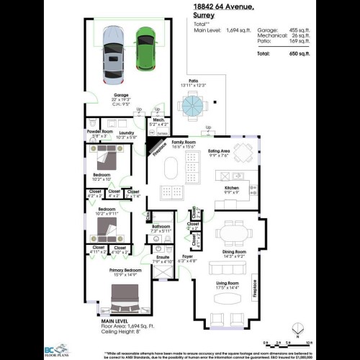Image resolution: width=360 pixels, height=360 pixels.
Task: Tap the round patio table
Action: click(192, 107)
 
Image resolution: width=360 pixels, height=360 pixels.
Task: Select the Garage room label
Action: click(121, 94)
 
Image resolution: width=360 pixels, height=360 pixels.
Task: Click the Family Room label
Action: click(183, 143)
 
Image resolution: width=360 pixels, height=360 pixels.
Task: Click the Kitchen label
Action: click(231, 189)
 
